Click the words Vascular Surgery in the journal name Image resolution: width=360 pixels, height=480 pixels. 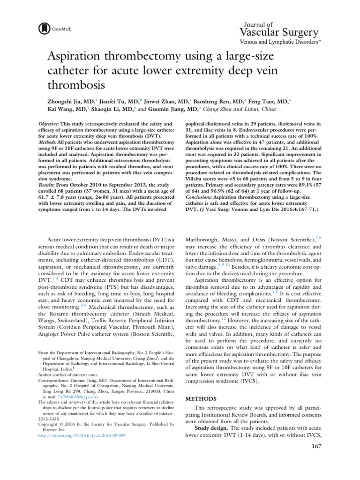pos(279,32)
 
